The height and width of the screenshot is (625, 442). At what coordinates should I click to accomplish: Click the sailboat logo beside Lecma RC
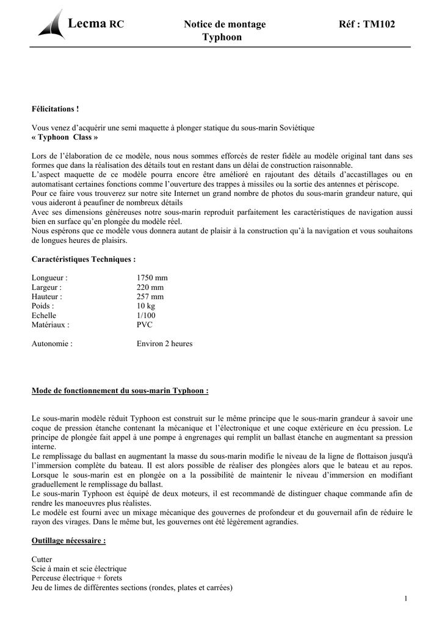[52, 25]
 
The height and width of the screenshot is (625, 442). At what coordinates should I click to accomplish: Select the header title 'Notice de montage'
[225, 24]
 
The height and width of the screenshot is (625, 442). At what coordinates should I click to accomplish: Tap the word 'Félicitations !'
[56, 109]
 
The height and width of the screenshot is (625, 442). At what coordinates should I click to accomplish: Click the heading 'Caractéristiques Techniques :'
[84, 259]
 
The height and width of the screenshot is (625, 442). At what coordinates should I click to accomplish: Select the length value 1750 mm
[152, 278]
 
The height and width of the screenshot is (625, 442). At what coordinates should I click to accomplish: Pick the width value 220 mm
[150, 287]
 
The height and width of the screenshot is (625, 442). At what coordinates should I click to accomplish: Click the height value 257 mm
[150, 297]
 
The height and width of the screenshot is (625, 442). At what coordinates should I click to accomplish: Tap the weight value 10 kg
[146, 306]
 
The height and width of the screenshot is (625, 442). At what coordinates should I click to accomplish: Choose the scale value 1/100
[146, 316]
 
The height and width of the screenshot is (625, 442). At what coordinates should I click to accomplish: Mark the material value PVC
[145, 325]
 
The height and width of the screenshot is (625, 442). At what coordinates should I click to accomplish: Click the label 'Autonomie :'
[52, 344]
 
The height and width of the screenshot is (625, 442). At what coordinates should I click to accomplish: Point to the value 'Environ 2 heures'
[164, 344]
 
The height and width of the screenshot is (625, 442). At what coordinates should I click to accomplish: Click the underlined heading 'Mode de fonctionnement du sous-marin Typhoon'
[120, 391]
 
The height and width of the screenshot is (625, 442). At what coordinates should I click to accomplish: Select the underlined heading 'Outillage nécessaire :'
[68, 541]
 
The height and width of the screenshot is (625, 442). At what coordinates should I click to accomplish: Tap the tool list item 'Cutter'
[42, 560]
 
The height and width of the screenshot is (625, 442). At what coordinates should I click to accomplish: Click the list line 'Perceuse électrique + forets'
[77, 578]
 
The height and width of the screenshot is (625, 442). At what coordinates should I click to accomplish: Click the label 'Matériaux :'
[51, 325]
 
